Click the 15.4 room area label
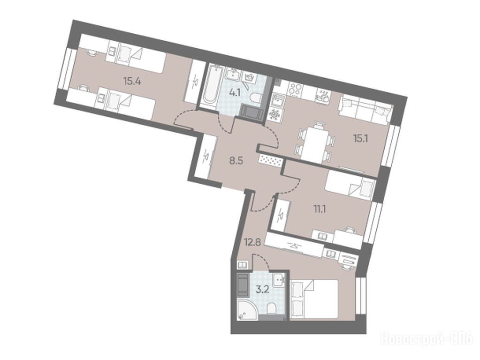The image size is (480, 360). pos(132,81)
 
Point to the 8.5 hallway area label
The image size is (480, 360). pos(236,161)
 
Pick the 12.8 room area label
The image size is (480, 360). pos(252,243)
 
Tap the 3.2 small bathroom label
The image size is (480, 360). pos(262,289)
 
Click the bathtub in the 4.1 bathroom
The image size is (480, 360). pos(210,84)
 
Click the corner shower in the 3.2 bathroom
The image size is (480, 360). pos(247,310)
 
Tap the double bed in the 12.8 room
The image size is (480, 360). pos(315,300)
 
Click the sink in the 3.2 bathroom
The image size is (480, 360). pos(279,279)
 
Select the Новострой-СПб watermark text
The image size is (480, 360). pos(427,338)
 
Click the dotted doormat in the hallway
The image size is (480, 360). pos(270,161)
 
